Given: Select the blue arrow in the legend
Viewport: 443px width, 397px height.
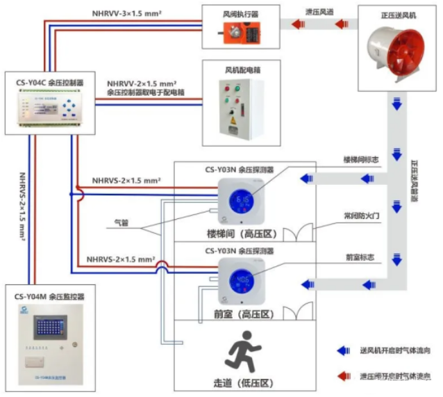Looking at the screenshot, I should coord(342,352).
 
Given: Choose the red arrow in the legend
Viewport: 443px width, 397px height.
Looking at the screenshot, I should coord(342,376).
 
